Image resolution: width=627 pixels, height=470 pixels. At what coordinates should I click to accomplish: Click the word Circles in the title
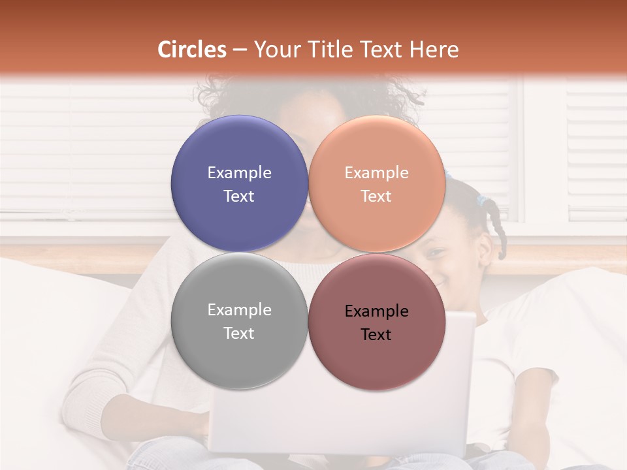[x=191, y=50]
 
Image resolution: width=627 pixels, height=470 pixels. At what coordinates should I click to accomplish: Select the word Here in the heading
[x=434, y=50]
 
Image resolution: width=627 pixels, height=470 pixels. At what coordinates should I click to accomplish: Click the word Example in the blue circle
[x=239, y=173]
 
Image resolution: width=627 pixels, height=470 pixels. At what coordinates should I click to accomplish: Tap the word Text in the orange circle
[x=376, y=196]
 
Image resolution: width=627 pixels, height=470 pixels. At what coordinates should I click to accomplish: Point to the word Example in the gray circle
[x=239, y=310]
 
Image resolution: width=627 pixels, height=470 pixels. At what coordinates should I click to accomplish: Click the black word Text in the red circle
[x=376, y=335]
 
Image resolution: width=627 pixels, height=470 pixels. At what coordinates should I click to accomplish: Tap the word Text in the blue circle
[x=239, y=196]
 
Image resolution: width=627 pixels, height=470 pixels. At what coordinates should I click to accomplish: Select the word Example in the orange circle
[x=376, y=173]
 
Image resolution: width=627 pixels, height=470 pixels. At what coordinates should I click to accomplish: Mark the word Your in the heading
[x=273, y=50]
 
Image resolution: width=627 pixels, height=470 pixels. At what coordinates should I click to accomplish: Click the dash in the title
[x=239, y=50]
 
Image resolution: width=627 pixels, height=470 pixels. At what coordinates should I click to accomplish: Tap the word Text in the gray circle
[x=239, y=334]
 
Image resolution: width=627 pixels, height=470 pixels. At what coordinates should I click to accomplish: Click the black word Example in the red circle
[x=376, y=311]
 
